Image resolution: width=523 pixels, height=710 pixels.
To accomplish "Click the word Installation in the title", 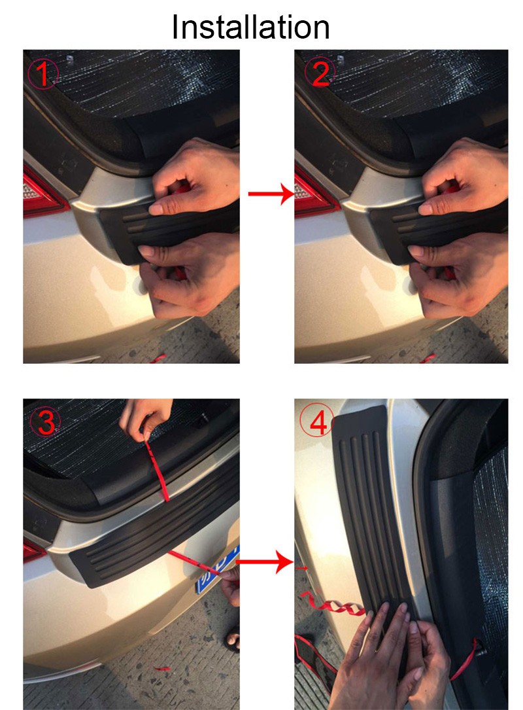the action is tap(250, 27).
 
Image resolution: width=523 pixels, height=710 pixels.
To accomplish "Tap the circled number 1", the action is tap(43, 74).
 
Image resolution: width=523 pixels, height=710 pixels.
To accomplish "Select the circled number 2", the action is tap(320, 73).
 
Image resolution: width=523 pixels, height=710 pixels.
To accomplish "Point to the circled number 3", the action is tap(45, 423).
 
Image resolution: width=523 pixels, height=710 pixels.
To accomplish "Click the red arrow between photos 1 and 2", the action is tap(271, 194).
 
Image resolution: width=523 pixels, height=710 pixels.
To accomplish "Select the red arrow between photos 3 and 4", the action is tap(265, 562).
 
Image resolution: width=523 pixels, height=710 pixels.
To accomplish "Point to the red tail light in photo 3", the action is tap(33, 550).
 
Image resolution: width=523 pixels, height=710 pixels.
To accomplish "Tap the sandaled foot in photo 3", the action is tap(232, 639).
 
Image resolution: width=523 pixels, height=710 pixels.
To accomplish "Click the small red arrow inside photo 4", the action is tap(302, 567).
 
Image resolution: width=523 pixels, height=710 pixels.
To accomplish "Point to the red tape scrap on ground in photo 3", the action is tap(161, 667).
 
